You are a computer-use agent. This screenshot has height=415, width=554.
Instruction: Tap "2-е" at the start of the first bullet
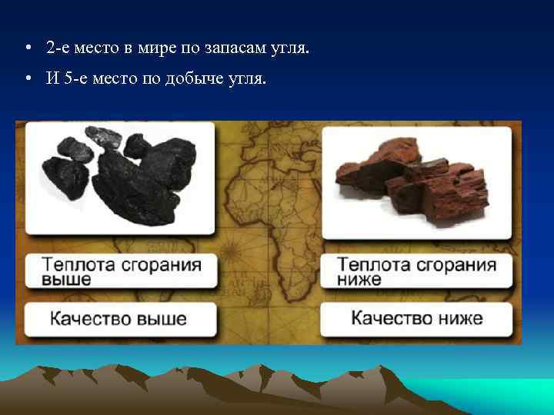pos(57,48)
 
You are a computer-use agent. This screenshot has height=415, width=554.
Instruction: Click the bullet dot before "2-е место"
pos(27,48)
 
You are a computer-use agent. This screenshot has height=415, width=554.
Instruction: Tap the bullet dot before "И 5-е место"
pos(27,79)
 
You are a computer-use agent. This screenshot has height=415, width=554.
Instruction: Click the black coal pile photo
pos(119,179)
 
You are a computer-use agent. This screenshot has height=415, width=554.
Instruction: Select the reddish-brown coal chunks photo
pos(415,181)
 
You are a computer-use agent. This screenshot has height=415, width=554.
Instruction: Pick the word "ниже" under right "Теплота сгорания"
pos(359,280)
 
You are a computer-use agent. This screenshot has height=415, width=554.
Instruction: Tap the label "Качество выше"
pos(118,317)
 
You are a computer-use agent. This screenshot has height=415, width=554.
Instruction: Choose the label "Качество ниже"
pos(416,317)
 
